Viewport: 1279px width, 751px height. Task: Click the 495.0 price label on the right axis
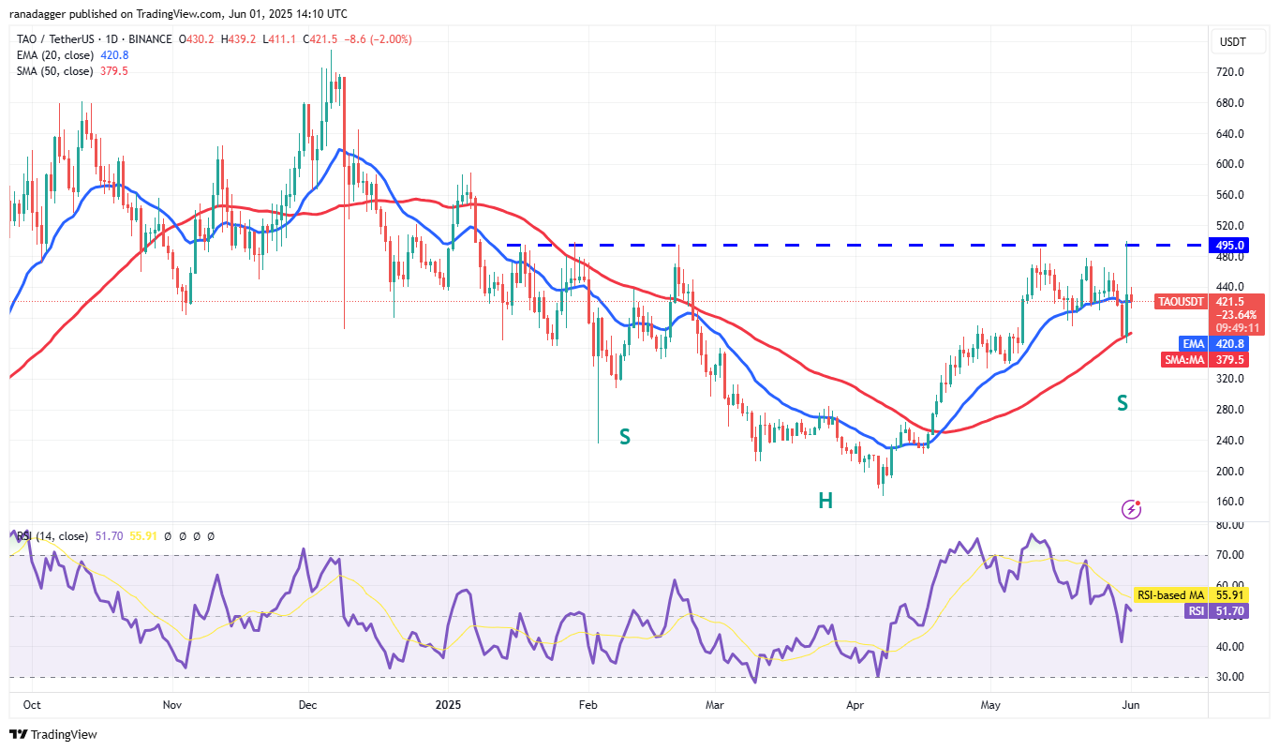click(x=1231, y=245)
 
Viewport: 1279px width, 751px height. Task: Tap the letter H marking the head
click(x=825, y=501)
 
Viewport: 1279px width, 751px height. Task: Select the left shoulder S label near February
click(x=624, y=436)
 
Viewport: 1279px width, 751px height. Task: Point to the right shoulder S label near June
click(x=1122, y=403)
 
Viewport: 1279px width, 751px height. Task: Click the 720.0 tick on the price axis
click(x=1230, y=72)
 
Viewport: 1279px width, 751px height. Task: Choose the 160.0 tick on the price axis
click(x=1230, y=502)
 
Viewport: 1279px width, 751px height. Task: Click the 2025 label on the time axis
click(x=449, y=703)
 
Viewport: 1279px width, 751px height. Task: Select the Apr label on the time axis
click(x=854, y=703)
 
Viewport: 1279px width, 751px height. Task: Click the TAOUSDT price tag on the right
click(x=1181, y=302)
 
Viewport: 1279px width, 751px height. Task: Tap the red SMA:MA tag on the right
click(x=1184, y=359)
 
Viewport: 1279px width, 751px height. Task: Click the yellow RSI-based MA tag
click(x=1169, y=595)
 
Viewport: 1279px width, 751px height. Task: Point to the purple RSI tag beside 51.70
click(x=1195, y=610)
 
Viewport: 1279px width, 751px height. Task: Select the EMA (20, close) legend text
click(x=54, y=55)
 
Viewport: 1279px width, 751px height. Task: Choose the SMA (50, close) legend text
click(x=54, y=71)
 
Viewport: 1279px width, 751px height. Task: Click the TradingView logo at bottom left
click(x=53, y=734)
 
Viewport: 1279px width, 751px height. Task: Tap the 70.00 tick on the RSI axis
click(x=1230, y=555)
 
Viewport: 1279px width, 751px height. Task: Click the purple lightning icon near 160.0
click(x=1132, y=509)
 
